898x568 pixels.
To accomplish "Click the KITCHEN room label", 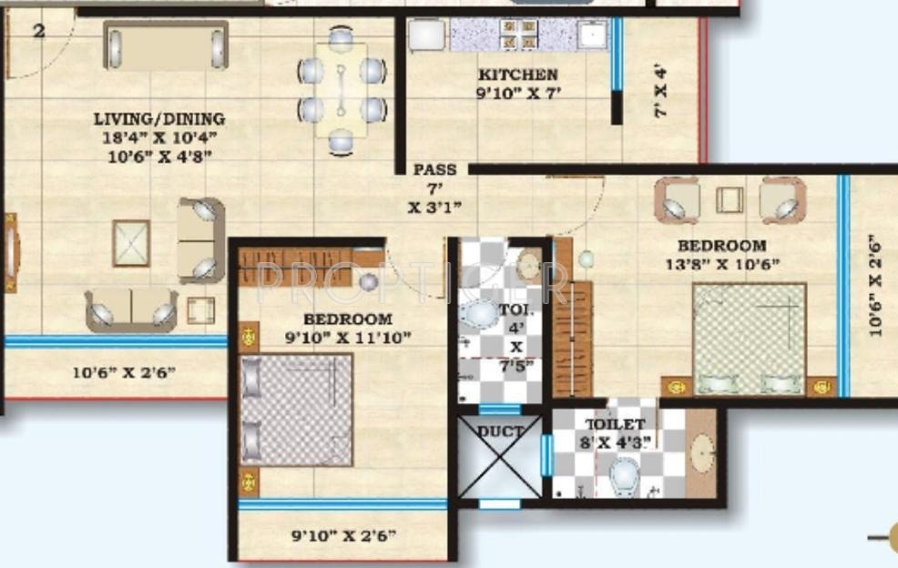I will [516, 75].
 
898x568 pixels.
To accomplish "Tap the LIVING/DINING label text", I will [159, 119].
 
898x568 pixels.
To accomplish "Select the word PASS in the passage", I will [434, 170].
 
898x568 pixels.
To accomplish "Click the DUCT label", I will [501, 431].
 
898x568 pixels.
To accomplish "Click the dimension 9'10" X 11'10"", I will [347, 338].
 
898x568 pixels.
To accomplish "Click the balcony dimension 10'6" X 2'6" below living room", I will [124, 371].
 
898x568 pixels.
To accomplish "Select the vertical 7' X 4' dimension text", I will [660, 90].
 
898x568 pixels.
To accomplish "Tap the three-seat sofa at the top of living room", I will [166, 46].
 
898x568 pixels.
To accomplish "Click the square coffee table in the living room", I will [131, 243].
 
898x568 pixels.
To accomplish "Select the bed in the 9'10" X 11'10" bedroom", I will [297, 410].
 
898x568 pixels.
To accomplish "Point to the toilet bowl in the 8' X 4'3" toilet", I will [625, 472].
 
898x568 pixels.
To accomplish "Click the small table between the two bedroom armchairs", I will [730, 199].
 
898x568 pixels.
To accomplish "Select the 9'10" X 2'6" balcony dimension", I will [343, 536].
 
